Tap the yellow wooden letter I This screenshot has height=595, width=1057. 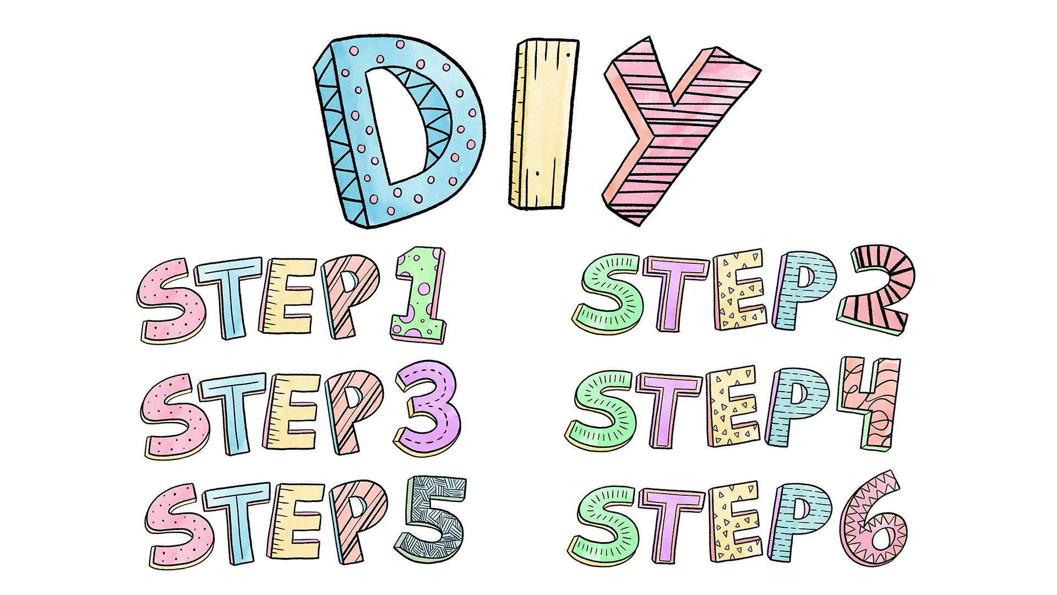542,124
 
